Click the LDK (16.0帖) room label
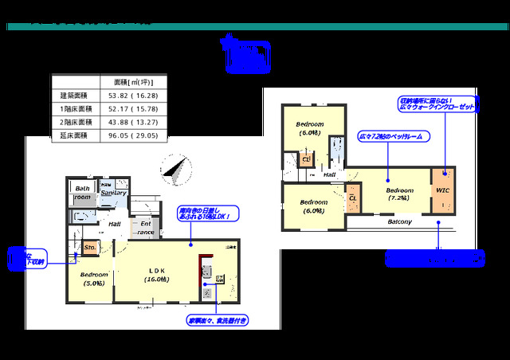(x=156, y=275)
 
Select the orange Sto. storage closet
(x=90, y=248)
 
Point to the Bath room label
(x=83, y=193)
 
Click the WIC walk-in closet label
(x=442, y=191)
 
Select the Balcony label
(x=399, y=221)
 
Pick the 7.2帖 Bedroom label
(x=399, y=194)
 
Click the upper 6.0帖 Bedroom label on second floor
(x=309, y=128)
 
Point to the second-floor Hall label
(x=328, y=174)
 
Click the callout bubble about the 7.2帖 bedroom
(x=390, y=137)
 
